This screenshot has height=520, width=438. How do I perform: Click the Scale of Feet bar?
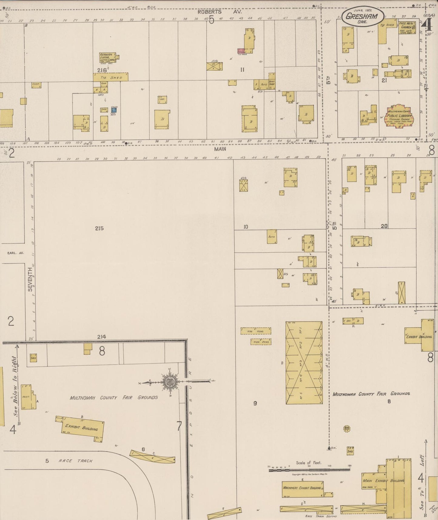point(309,470)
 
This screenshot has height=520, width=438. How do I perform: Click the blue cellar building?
point(114,110)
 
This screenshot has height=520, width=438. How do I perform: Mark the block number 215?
point(99,228)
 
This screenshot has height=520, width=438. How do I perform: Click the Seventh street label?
point(30,279)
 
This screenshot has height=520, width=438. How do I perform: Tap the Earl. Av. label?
point(16,253)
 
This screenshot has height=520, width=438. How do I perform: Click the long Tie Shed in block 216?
point(111,77)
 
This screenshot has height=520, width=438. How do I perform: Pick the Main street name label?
point(220,149)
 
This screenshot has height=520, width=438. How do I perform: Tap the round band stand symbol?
point(347,428)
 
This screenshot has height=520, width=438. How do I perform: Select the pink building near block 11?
point(241,51)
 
